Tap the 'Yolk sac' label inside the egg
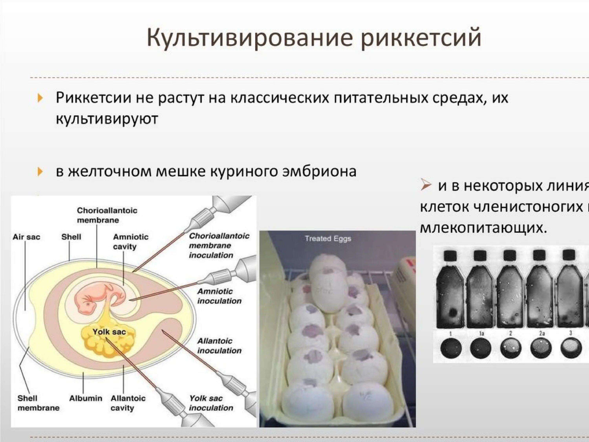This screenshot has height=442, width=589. tap(109, 332)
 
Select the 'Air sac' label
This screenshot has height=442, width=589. tap(26, 237)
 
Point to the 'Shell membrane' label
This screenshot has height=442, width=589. tap(38, 403)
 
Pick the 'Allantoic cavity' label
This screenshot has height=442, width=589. tap(128, 403)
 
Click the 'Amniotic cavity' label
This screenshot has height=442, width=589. tap(131, 242)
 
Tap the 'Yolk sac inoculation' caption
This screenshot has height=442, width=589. tap(211, 403)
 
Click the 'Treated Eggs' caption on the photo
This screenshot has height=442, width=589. tap(328, 238)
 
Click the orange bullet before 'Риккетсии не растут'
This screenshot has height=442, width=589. tap(40, 98)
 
